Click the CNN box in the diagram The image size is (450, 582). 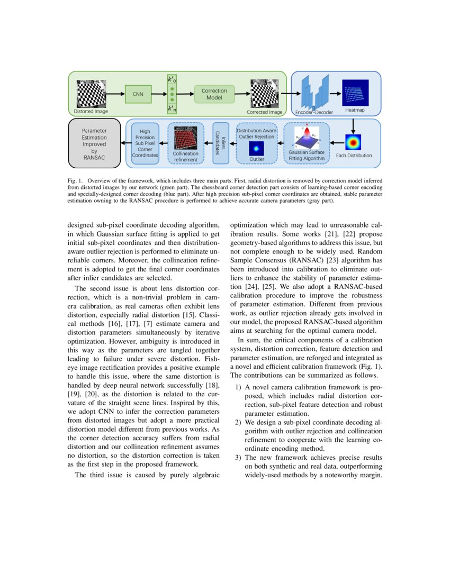138,94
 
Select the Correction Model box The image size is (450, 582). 214,94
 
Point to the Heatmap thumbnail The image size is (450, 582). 355,93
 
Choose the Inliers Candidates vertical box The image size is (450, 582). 220,143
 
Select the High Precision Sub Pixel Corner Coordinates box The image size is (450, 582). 145,143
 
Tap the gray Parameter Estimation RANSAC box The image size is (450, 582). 94,143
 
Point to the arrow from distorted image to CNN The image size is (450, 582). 116,94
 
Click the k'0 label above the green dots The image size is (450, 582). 172,80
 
